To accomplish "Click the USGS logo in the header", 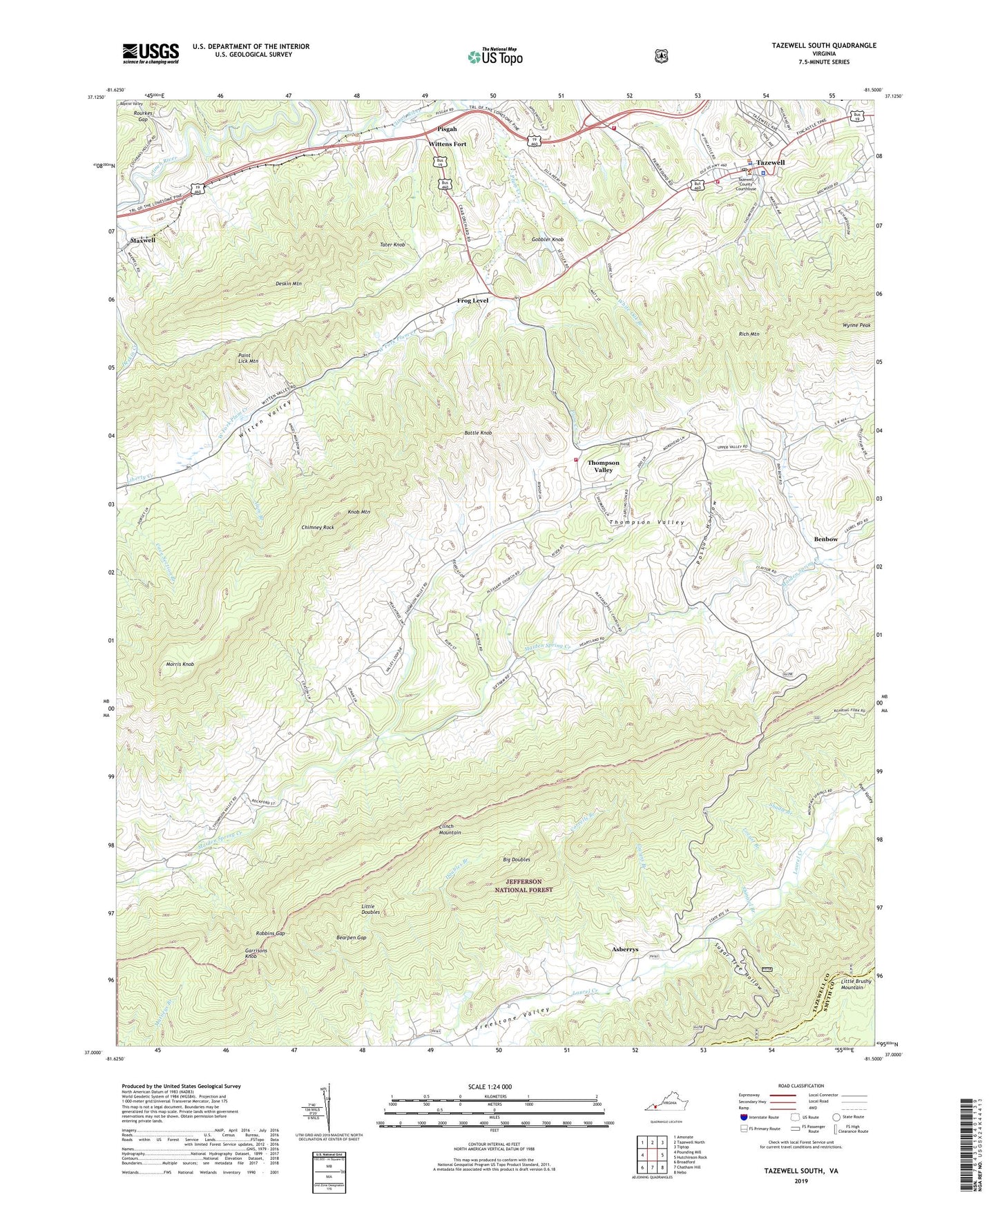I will (151, 53).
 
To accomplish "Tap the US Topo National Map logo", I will (495, 56).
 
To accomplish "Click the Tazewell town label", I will (771, 163).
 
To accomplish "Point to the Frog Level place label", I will (472, 301).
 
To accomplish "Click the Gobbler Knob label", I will (548, 239).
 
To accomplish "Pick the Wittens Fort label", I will (448, 144).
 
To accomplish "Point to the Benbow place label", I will (825, 539).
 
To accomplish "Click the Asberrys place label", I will (625, 950).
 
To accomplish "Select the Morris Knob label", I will (180, 664).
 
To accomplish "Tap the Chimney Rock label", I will (318, 527).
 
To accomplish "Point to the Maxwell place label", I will (142, 240).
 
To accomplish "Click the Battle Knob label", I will (478, 432).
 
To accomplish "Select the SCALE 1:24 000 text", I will (490, 1087).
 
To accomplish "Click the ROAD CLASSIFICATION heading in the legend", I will (801, 1086).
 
